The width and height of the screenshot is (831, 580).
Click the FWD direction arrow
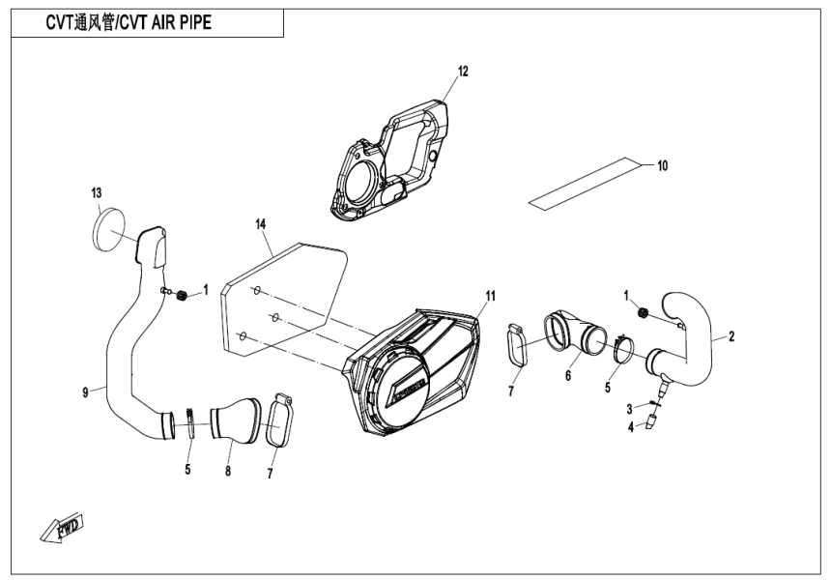click(61, 527)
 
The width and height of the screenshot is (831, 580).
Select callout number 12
click(462, 71)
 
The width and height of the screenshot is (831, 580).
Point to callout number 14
click(260, 224)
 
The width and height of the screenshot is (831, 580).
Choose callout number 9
click(86, 391)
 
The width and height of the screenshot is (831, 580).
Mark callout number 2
click(731, 336)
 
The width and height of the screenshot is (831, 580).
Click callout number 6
click(569, 376)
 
